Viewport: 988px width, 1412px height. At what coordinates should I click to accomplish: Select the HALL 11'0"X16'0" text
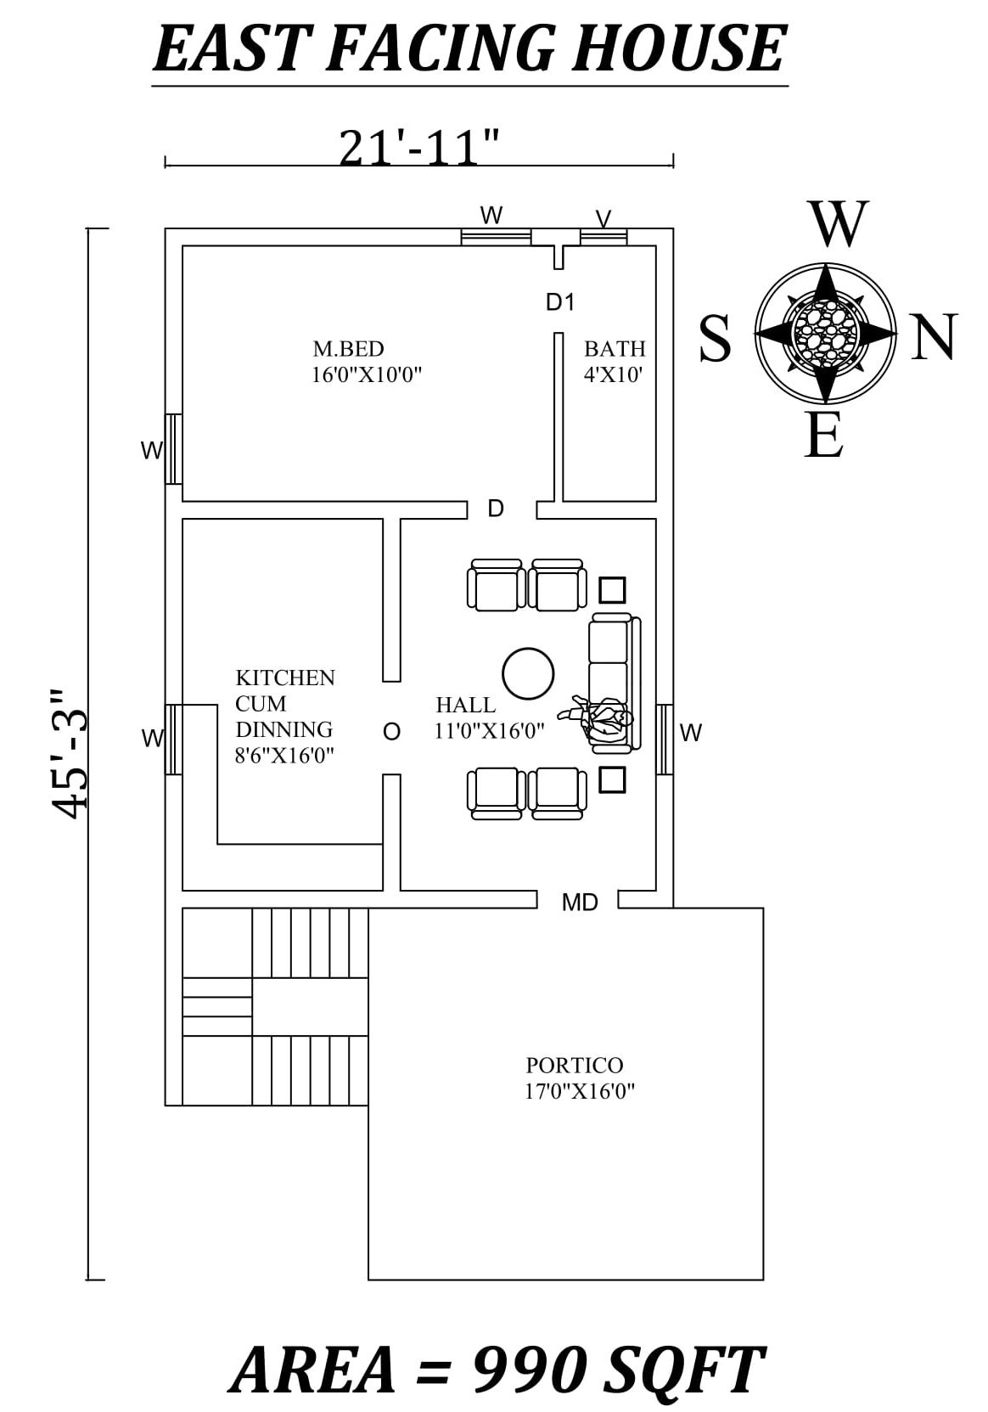tap(489, 717)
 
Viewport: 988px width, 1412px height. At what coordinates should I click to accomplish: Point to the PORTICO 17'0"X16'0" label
tap(579, 1077)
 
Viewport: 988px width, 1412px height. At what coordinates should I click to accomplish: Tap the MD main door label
tap(580, 903)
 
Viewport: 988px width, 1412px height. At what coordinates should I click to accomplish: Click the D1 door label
tap(560, 301)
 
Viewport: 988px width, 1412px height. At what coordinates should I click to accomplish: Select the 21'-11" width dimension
tap(418, 149)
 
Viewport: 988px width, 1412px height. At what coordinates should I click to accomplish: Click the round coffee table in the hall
tap(528, 673)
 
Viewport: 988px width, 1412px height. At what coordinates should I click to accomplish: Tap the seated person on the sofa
tap(604, 720)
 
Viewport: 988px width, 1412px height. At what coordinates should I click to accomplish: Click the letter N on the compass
tap(934, 337)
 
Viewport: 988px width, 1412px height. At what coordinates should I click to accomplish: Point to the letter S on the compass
tap(715, 339)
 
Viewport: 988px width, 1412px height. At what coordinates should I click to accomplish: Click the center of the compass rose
tap(825, 333)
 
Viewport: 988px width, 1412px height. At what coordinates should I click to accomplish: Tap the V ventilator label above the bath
tap(603, 219)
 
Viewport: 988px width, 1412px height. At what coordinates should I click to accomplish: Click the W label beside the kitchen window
tap(153, 739)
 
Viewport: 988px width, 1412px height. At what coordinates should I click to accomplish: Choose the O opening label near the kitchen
tap(391, 732)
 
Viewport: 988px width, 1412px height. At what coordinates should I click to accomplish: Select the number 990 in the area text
tap(528, 1369)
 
